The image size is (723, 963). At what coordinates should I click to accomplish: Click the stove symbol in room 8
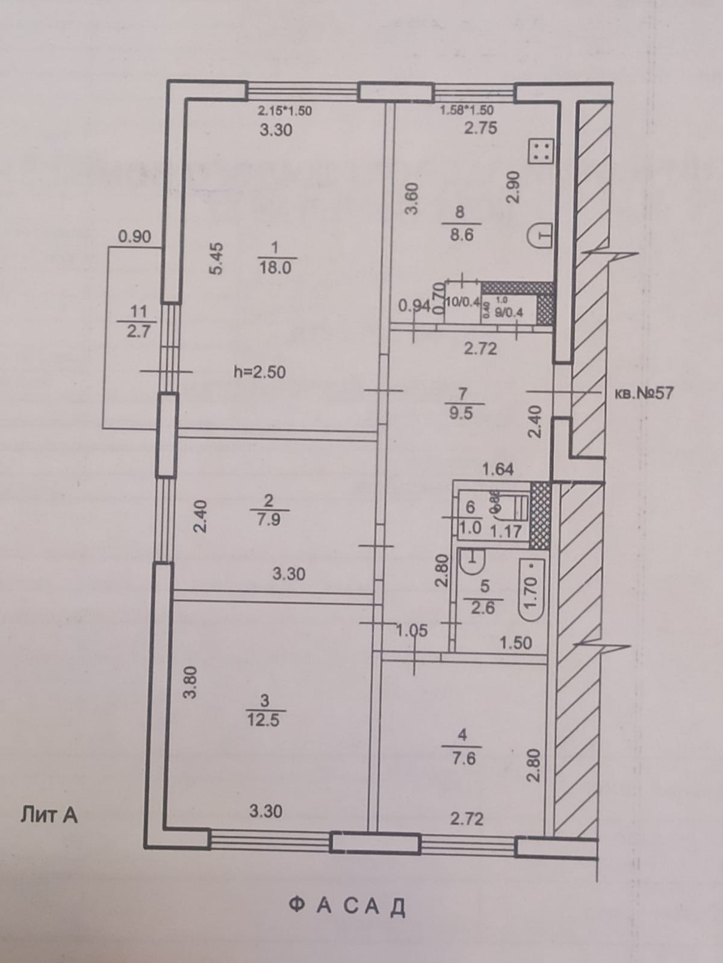coord(540,150)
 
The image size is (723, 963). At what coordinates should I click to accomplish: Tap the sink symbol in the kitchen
coord(540,235)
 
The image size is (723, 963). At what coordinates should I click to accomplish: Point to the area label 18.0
coord(275,268)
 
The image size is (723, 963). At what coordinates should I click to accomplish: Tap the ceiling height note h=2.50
coord(259,372)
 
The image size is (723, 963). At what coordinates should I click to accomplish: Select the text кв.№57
coord(644,394)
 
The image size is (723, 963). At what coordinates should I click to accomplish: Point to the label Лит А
coord(49,816)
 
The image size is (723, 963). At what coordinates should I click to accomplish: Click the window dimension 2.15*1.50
coord(285,111)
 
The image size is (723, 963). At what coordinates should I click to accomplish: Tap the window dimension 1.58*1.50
coord(467,110)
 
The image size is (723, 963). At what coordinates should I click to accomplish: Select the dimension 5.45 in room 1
coord(216,258)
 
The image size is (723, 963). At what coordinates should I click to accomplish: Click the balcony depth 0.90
coord(134,237)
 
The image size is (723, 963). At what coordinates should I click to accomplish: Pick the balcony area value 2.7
coord(138,330)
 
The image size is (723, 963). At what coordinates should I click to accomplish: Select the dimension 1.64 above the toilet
coord(498,469)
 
